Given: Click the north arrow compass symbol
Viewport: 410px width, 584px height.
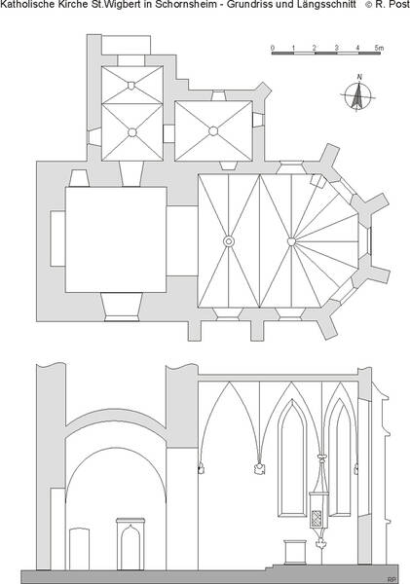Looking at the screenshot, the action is point(357,96).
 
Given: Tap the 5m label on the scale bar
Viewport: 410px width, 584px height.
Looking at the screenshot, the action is point(379,48).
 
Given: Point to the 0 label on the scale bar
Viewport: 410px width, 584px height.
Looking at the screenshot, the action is point(273,48).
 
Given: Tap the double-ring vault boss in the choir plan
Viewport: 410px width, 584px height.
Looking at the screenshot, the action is point(229,241).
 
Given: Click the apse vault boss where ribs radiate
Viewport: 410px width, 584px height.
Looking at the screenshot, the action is point(291,241).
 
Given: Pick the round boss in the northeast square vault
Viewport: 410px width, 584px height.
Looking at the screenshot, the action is point(213,131).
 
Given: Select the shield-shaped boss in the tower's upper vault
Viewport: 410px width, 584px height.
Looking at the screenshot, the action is point(131,86).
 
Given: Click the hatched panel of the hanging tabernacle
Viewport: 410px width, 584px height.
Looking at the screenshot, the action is point(317,518).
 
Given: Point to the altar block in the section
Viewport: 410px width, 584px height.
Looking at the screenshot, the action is point(296,552).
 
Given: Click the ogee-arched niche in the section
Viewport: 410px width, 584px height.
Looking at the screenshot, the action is point(130,544).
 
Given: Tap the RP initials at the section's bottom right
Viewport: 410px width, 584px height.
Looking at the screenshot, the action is point(391,580).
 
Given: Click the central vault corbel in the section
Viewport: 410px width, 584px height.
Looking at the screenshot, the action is point(259,468).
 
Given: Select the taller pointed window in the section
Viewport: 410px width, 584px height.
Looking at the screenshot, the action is point(292,458).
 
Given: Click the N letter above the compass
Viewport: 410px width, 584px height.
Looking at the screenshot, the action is point(359,77).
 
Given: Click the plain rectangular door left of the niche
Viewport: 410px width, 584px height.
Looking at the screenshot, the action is point(80,549).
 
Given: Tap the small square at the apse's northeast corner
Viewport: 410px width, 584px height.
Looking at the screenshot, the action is point(317,181).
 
